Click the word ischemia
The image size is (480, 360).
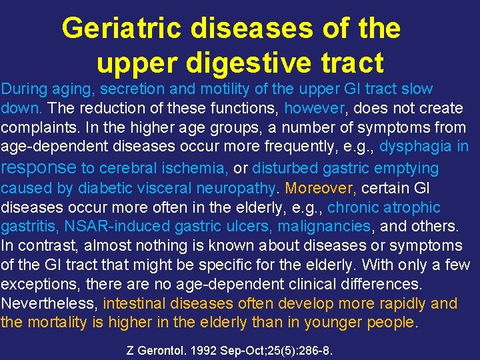point(194,168)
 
